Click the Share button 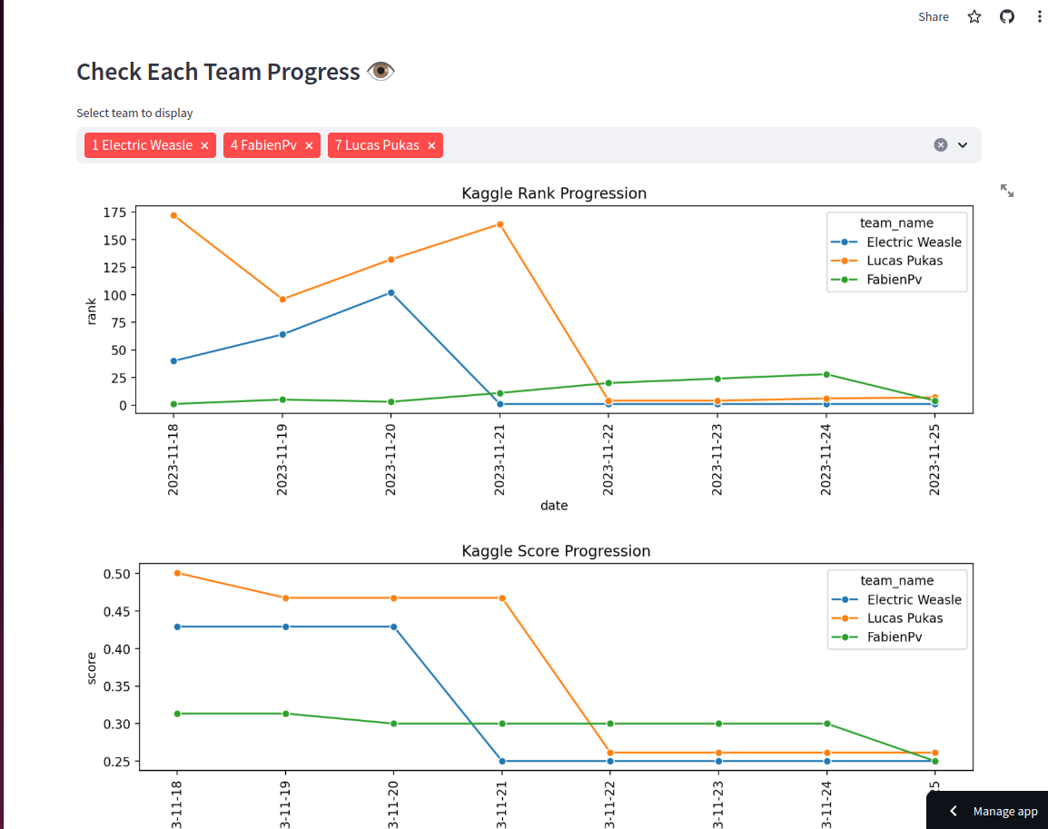coord(933,16)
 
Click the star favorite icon coord(974,16)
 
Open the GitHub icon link coord(1007,16)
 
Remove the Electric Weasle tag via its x coord(204,145)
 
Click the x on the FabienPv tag coord(309,145)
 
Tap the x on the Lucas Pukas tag coord(431,145)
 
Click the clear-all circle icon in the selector coord(941,145)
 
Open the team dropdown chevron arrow coord(963,145)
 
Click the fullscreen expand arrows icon coord(1007,191)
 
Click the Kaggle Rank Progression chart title coord(554,193)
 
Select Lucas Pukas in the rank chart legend coord(905,261)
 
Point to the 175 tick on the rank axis coord(114,212)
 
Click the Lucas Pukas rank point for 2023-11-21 coord(500,224)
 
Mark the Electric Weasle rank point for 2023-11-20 coord(391,292)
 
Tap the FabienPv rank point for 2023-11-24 coord(826,374)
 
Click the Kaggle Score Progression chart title coord(556,551)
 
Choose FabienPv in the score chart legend coord(894,637)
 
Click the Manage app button coord(994,811)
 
